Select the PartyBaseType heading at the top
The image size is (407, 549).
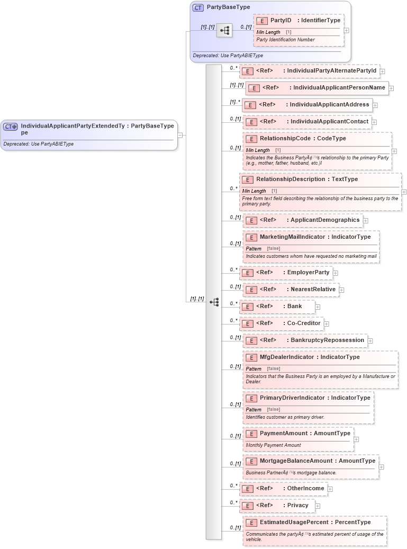coord(228,7)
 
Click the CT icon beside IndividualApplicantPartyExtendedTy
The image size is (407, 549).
coord(10,127)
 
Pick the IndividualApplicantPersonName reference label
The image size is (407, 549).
coord(339,88)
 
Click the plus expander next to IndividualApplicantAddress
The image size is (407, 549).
coord(375,105)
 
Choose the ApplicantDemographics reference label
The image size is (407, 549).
coord(323,220)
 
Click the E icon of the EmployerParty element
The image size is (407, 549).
coord(247,273)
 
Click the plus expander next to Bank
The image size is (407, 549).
coord(318,307)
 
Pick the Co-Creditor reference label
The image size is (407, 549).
coord(304,323)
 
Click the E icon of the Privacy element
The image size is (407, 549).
coord(247,506)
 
